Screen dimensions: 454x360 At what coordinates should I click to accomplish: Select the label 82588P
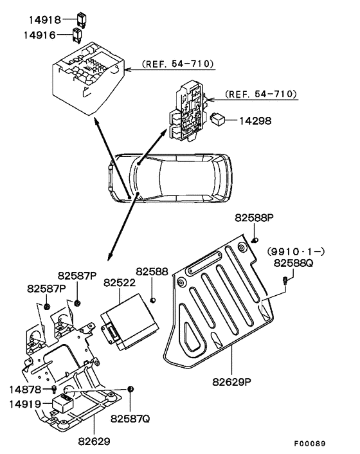[254, 219]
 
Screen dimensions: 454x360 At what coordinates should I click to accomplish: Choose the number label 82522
[120, 282]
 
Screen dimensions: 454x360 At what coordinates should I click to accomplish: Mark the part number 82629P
[233, 381]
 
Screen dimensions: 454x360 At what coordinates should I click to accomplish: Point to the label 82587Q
[130, 418]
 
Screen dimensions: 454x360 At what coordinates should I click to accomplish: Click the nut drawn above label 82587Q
[130, 390]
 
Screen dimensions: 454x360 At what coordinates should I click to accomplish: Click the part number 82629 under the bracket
[94, 442]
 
